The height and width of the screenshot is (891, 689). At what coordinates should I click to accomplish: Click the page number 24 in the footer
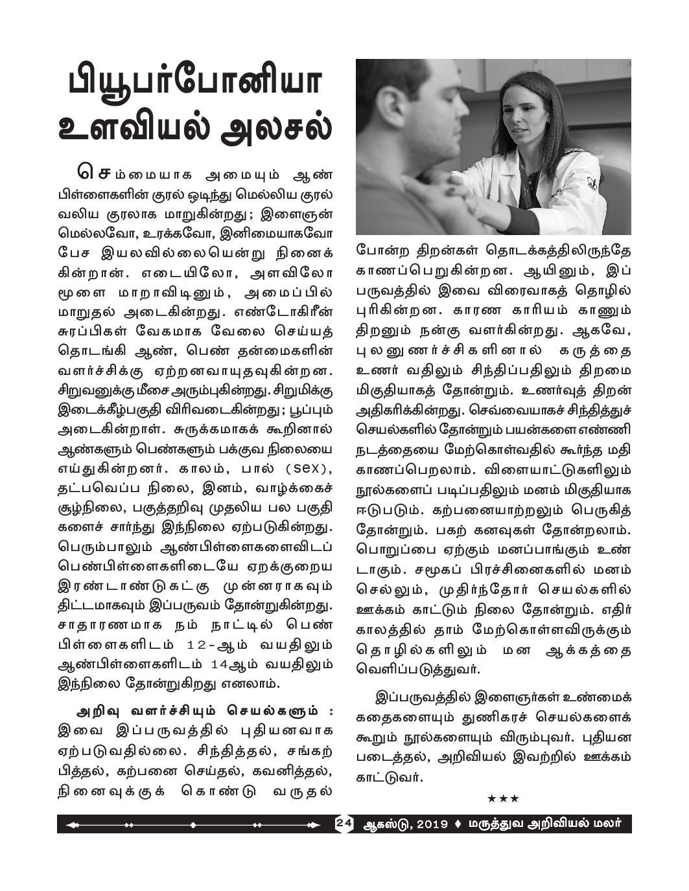tap(344, 824)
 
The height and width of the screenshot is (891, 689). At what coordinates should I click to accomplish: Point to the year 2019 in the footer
tap(431, 824)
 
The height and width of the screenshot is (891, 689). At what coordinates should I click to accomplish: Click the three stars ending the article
tap(503, 798)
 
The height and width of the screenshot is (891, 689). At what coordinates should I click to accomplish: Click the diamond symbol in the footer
tap(459, 824)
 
